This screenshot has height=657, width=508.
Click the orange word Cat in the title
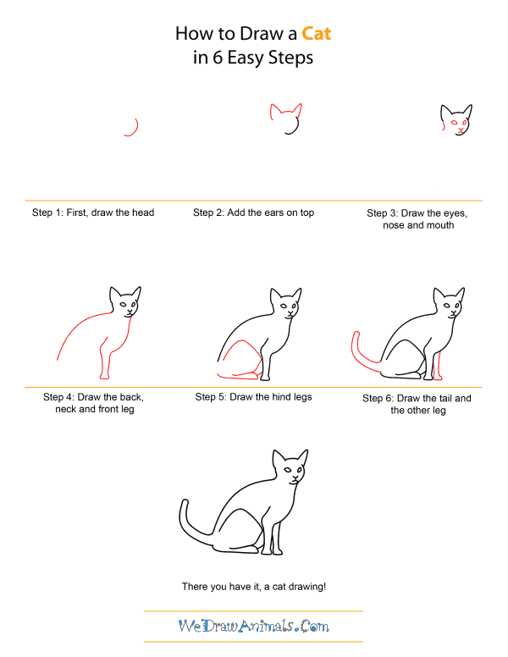point(312,34)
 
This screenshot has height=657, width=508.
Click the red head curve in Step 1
point(134,127)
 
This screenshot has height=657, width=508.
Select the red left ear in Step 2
point(274,111)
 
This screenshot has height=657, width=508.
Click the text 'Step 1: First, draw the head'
point(93,213)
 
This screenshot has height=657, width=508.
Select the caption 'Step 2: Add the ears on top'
point(253,213)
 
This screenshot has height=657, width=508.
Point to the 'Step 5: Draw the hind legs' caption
point(253,397)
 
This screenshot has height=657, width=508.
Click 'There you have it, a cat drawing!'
point(253,586)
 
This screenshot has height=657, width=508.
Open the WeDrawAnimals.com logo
point(253,627)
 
